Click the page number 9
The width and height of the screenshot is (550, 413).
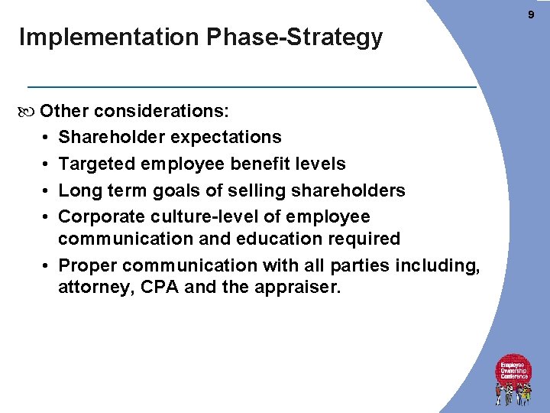(531, 14)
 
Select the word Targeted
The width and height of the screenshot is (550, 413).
(94, 164)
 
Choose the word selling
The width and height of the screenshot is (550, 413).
(242, 190)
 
